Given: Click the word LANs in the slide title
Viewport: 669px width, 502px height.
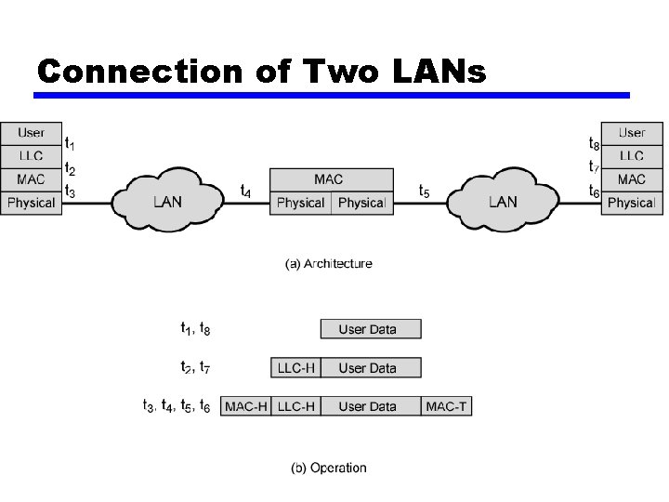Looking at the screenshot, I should (432, 71).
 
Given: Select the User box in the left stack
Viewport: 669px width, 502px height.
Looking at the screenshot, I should (31, 133).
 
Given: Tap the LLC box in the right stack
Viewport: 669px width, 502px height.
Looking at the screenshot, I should (632, 156).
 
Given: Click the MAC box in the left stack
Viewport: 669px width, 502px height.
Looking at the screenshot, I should (31, 179).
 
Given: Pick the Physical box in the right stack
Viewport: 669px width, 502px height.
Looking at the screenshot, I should (632, 203).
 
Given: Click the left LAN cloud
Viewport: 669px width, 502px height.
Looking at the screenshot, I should (167, 201).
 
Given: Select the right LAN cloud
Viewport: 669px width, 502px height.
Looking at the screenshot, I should (502, 201).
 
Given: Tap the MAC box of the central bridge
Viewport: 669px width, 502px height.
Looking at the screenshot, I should (332, 179).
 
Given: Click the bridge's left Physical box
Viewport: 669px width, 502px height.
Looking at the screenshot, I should (301, 203).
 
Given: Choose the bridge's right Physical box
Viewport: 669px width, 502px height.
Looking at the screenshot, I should (362, 203).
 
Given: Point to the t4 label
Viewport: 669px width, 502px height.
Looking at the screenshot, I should (245, 192).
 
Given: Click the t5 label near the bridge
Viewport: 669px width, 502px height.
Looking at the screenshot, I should (424, 192).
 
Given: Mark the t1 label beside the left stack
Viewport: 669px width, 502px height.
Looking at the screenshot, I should (71, 144).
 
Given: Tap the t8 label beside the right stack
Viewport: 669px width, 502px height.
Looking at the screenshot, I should (594, 144).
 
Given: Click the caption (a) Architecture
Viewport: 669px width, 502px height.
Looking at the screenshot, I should (328, 264).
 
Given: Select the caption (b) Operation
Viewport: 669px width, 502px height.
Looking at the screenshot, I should (329, 468).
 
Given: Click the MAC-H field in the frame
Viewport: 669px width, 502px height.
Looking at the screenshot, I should (246, 406).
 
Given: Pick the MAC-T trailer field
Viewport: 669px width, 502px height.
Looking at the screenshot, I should (446, 406).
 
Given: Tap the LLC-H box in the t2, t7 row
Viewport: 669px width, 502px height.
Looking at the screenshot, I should (295, 368).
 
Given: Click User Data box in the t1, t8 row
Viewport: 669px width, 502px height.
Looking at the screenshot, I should (370, 329).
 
